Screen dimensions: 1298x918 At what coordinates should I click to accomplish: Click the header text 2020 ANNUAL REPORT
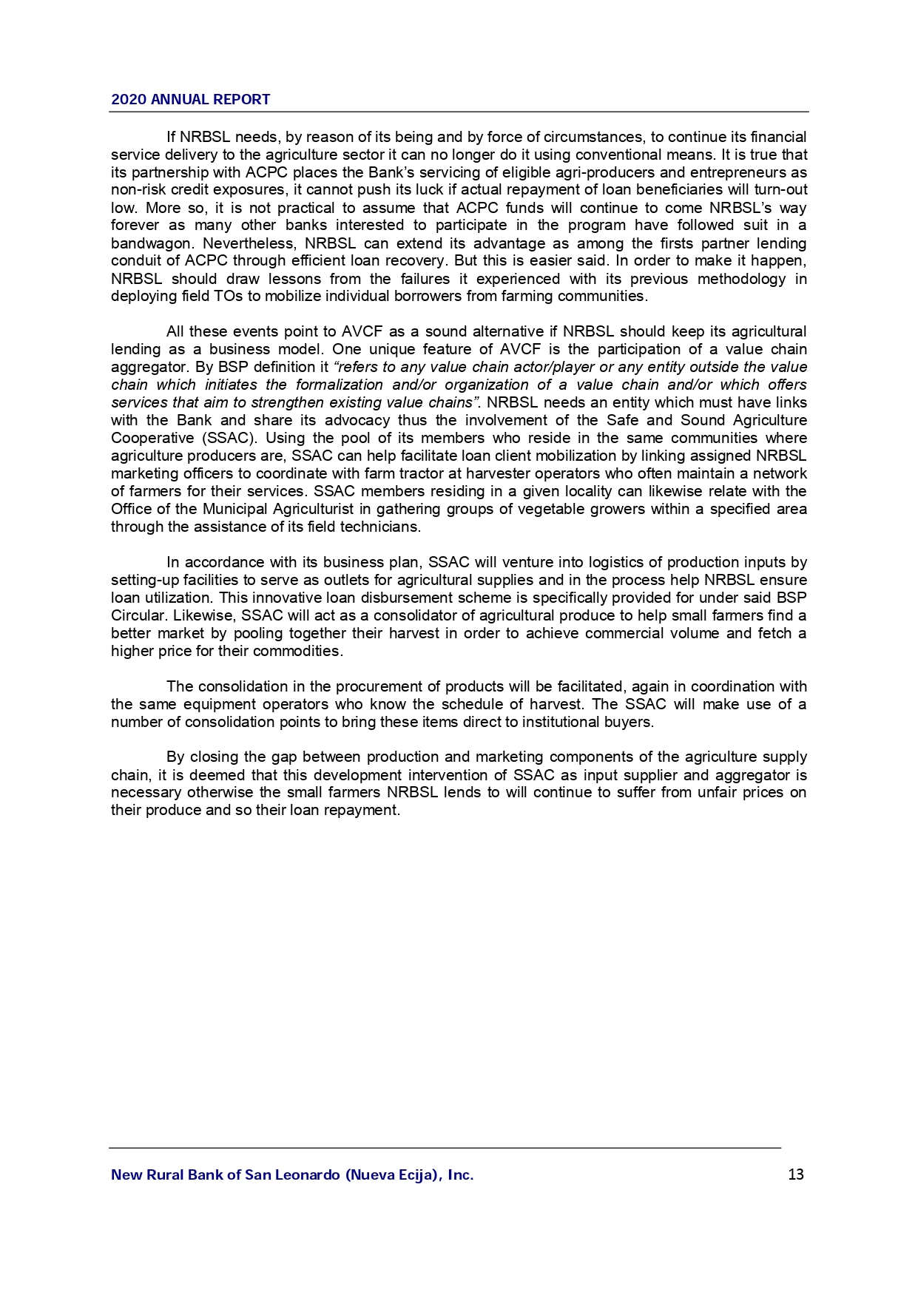[x=190, y=100]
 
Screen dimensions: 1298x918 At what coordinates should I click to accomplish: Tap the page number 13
[x=796, y=1174]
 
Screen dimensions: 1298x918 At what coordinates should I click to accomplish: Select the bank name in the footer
[x=292, y=1174]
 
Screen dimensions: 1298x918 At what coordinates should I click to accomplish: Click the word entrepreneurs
[x=740, y=172]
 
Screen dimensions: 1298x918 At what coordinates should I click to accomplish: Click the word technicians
[x=379, y=527]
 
